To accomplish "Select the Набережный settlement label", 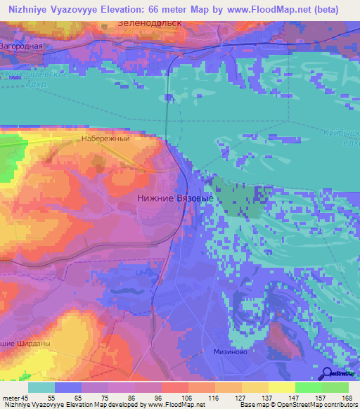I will (x=106, y=139).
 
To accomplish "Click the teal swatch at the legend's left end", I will (x=41, y=387).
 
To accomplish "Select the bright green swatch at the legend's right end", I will (x=335, y=387).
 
